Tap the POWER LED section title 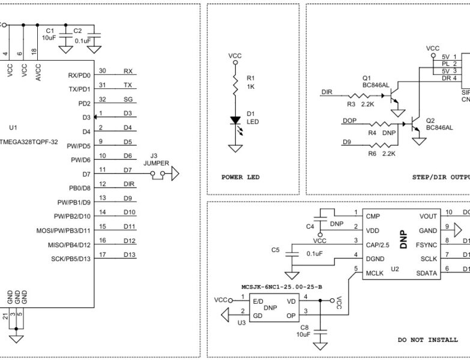coord(241,177)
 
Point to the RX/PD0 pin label coord(79,75)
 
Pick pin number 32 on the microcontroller coord(103,99)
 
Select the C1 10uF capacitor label coord(49,34)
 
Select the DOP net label coord(349,121)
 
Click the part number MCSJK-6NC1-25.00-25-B coord(281,287)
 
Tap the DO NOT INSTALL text coord(428,340)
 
